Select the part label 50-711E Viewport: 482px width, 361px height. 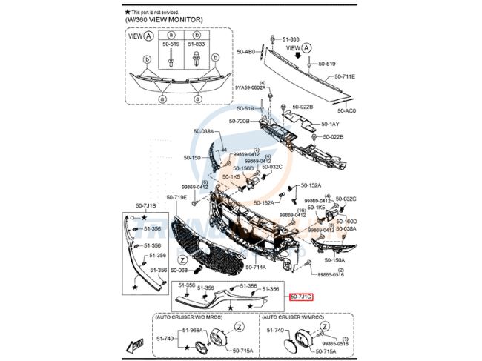pyautogui.click(x=344, y=76)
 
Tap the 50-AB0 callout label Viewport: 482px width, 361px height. pyautogui.click(x=246, y=52)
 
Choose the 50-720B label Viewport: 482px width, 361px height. pyautogui.click(x=239, y=121)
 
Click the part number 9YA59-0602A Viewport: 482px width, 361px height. pyautogui.click(x=251, y=88)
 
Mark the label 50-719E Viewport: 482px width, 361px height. pyautogui.click(x=176, y=198)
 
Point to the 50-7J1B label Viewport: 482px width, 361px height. pyautogui.click(x=145, y=205)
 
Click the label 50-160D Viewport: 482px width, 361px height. pyautogui.click(x=346, y=221)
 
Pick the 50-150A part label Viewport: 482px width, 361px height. pyautogui.click(x=334, y=259)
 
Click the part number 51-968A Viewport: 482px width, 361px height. pyautogui.click(x=192, y=330)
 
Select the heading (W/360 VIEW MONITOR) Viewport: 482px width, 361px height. pyautogui.click(x=162, y=21)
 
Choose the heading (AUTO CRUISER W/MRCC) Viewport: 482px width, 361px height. pyautogui.click(x=293, y=317)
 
